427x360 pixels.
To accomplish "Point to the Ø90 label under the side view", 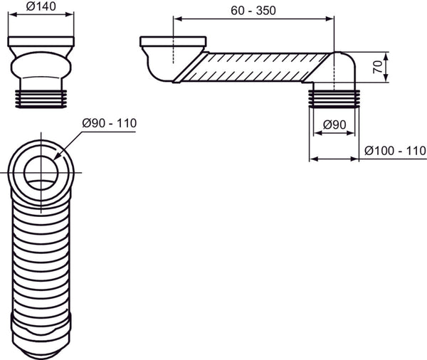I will coord(334,125).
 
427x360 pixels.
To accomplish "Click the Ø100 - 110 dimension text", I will coord(394,150).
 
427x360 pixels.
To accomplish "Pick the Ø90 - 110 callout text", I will coord(109,123).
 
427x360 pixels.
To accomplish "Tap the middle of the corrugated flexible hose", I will coord(40,256).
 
